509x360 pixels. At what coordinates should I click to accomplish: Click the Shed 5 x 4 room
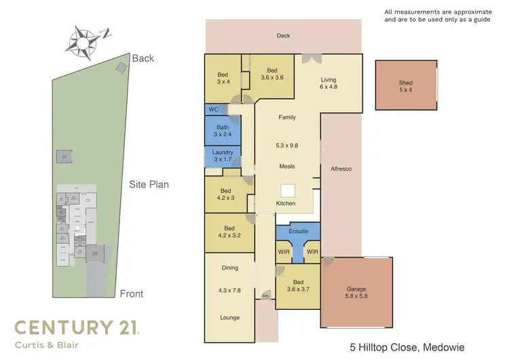[x=405, y=87]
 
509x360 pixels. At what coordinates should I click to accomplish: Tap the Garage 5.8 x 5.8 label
[x=356, y=293]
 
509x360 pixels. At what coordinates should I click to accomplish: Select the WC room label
[x=213, y=109]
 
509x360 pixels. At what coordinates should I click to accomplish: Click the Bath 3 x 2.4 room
[x=223, y=130]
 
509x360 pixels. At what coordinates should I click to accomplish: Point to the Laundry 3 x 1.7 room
[x=223, y=156]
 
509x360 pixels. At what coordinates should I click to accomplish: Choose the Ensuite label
[x=298, y=232]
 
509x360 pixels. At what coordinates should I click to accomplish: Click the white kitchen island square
[x=288, y=190]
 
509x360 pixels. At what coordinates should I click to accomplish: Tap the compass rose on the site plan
[x=81, y=39]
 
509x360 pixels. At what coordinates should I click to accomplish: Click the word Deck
[x=283, y=35]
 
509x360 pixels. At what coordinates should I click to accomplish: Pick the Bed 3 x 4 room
[x=223, y=77]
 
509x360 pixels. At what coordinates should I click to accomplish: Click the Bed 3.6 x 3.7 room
[x=297, y=286]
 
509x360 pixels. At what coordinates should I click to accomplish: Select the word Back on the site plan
[x=143, y=58]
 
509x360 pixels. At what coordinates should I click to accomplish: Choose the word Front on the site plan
[x=131, y=293]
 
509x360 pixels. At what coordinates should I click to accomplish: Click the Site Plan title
[x=149, y=183]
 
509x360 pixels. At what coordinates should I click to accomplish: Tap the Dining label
[x=229, y=268]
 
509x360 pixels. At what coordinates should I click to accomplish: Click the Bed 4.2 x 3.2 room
[x=229, y=232]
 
